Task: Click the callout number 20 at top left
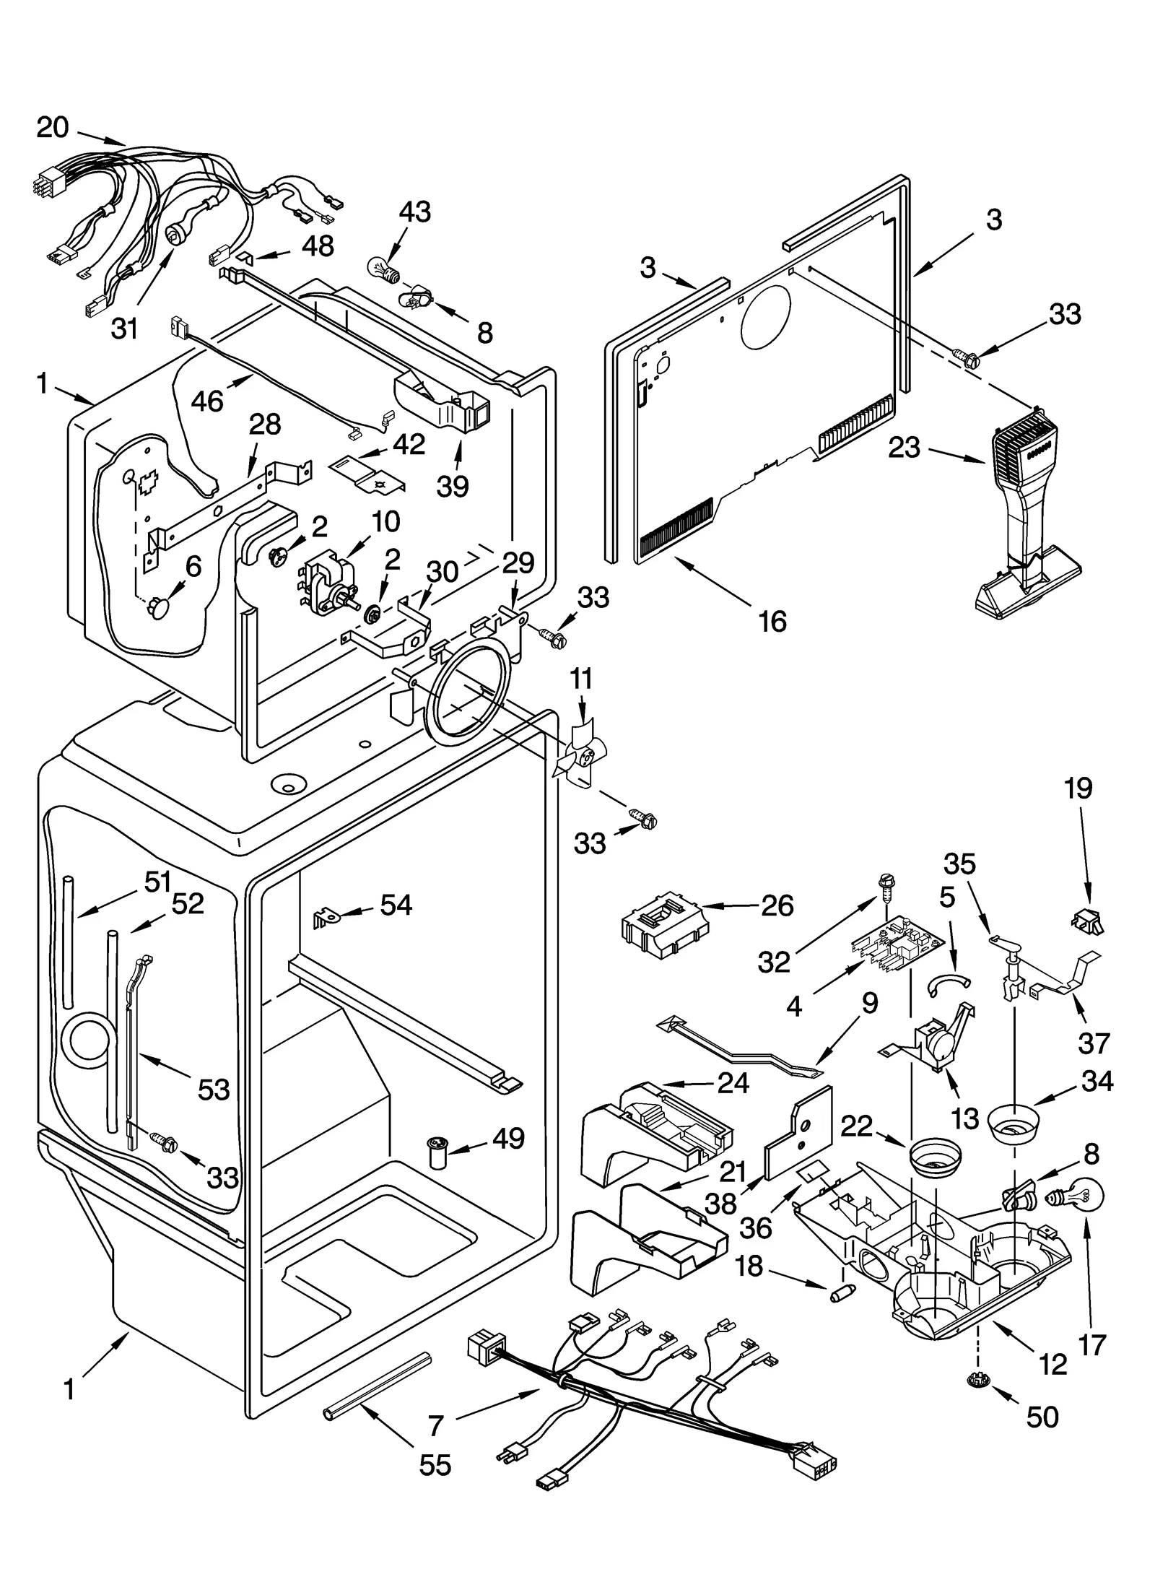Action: [x=53, y=128]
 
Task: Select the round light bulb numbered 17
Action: [x=1085, y=1196]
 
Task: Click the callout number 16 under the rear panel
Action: [x=772, y=620]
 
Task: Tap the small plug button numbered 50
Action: [x=978, y=1380]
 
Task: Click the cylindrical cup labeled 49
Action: [x=438, y=1153]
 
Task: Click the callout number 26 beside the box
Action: [x=777, y=905]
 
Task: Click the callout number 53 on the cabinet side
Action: [x=214, y=1089]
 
